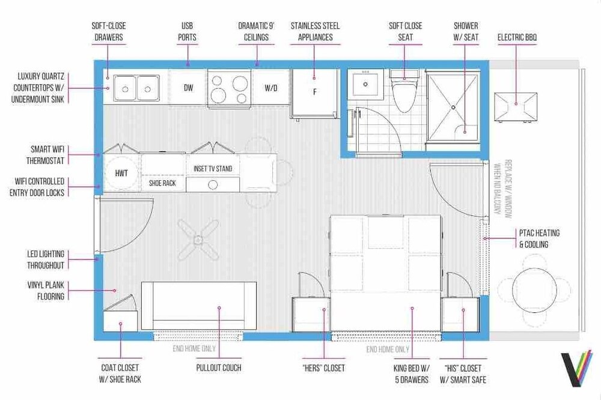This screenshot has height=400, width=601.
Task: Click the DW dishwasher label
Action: pyautogui.click(x=188, y=88)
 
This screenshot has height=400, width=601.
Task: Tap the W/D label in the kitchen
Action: pyautogui.click(x=271, y=88)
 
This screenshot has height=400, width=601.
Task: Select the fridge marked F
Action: pyautogui.click(x=315, y=93)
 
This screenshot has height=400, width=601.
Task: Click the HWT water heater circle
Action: pyautogui.click(x=121, y=173)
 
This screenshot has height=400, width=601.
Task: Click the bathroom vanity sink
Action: pyautogui.click(x=365, y=84)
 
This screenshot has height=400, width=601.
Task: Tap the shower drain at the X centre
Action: pyautogui.click(x=453, y=108)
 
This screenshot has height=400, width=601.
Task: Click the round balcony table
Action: pyautogui.click(x=534, y=290)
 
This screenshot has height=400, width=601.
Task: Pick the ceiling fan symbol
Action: pyautogui.click(x=198, y=240)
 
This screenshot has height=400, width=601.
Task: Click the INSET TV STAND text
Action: pyautogui.click(x=213, y=169)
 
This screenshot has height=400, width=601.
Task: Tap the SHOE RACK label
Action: pyautogui.click(x=162, y=183)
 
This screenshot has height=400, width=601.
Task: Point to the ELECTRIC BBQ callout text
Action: pyautogui.click(x=517, y=37)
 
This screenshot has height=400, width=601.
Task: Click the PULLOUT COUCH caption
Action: pyautogui.click(x=219, y=368)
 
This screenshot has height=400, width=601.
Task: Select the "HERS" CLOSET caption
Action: pyautogui.click(x=323, y=368)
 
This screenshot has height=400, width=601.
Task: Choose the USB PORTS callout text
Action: pyautogui.click(x=187, y=32)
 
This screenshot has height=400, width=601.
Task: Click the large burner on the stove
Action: pyautogui.click(x=240, y=83)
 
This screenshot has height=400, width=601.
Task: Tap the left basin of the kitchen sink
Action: pyautogui.click(x=125, y=88)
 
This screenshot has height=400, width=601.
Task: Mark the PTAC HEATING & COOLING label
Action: pyautogui.click(x=539, y=238)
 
